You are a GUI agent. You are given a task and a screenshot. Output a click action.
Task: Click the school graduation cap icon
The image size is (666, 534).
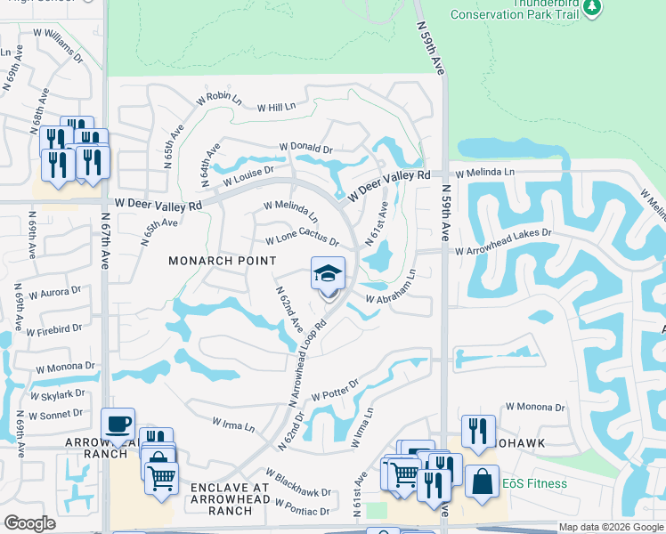328,273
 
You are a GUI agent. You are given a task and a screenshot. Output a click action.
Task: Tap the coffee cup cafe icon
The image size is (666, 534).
118,424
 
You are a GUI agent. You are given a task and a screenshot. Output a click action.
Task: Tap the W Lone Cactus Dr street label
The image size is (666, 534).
303,241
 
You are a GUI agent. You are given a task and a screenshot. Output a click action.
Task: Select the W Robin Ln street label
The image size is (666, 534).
219,98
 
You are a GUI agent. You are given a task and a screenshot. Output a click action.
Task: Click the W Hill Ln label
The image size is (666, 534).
276,108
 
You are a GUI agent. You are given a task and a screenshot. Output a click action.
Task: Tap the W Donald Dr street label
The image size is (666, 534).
305,148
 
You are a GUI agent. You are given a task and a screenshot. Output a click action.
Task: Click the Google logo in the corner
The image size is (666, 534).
30,523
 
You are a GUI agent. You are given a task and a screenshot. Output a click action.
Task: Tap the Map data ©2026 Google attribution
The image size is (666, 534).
611,527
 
